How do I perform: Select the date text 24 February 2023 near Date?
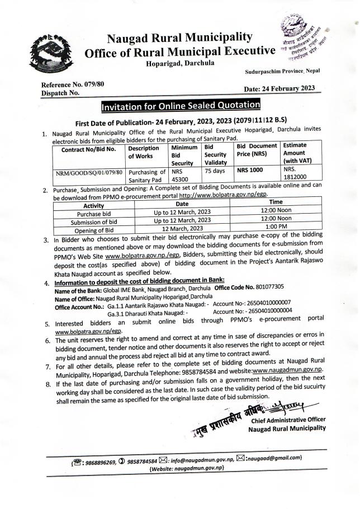pyautogui.click(x=288, y=88)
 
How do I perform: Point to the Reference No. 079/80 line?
pyautogui.click(x=73, y=84)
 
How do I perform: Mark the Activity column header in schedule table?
pyautogui.click(x=93, y=205)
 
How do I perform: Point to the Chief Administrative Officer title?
pyautogui.click(x=289, y=420)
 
